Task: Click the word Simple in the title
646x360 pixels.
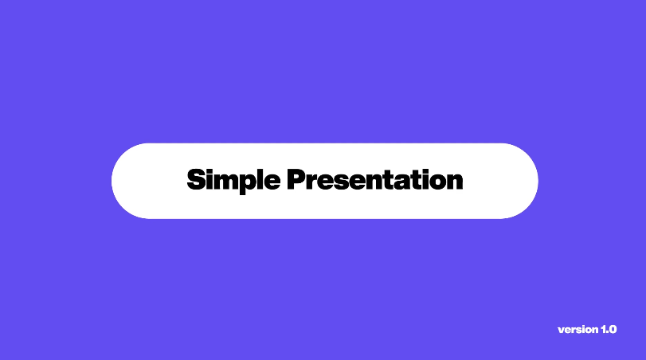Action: click(x=233, y=181)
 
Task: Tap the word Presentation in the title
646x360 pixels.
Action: click(x=375, y=179)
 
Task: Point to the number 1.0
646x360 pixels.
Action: click(x=609, y=330)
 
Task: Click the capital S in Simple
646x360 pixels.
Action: click(x=196, y=179)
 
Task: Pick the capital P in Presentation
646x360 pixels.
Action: click(x=296, y=179)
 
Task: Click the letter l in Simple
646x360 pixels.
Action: click(x=261, y=179)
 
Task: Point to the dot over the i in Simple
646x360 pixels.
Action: click(x=210, y=170)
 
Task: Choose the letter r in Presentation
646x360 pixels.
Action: click(x=313, y=182)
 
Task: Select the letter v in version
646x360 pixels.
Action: click(x=561, y=331)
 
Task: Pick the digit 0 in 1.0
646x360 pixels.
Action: click(x=613, y=330)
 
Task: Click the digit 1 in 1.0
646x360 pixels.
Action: click(x=603, y=330)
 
